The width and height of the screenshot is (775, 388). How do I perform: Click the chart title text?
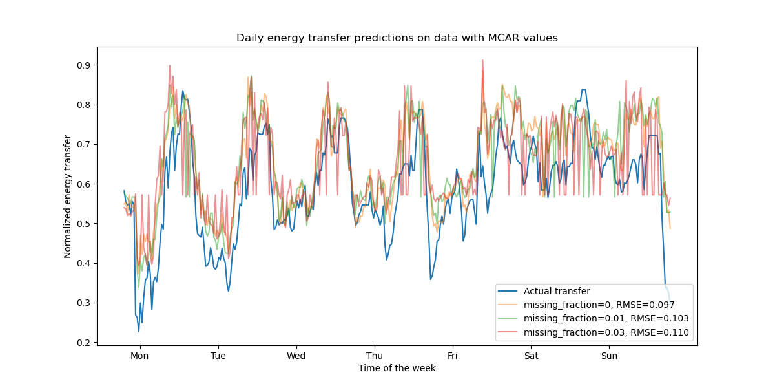click(x=397, y=38)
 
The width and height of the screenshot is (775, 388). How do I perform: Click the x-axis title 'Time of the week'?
click(x=397, y=368)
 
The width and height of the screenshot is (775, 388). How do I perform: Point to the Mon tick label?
click(x=139, y=356)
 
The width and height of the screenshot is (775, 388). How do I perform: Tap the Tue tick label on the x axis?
click(x=218, y=356)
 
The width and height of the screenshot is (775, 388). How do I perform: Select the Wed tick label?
click(x=296, y=356)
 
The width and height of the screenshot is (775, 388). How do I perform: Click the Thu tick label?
click(x=375, y=356)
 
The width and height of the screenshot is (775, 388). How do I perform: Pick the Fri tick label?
click(x=453, y=356)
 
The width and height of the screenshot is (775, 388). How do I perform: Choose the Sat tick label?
click(x=531, y=356)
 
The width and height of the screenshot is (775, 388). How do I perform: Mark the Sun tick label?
click(x=609, y=356)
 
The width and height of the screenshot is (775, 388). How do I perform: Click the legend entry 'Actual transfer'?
click(x=556, y=291)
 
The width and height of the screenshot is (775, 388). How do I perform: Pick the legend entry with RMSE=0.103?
click(x=606, y=319)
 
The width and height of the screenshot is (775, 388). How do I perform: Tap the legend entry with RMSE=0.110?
click(x=606, y=333)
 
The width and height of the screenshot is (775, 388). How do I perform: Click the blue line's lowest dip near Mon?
click(x=138, y=332)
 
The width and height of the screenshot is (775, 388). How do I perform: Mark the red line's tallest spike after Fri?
click(x=482, y=60)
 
